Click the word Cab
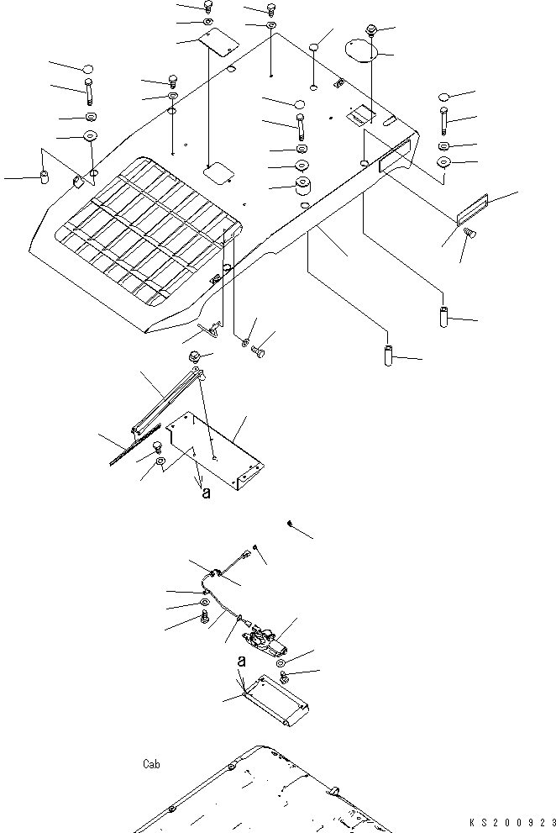click(x=151, y=765)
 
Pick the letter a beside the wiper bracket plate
click(x=206, y=494)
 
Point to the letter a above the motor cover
click(x=241, y=662)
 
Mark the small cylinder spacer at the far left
click(x=45, y=177)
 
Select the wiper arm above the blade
click(x=168, y=403)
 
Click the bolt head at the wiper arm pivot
click(x=194, y=357)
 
